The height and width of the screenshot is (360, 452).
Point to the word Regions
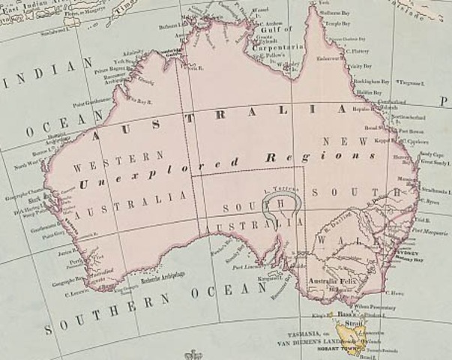pos(322,157)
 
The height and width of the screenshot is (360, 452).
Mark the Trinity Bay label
pos(361,67)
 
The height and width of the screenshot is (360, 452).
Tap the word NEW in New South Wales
pos(334,140)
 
